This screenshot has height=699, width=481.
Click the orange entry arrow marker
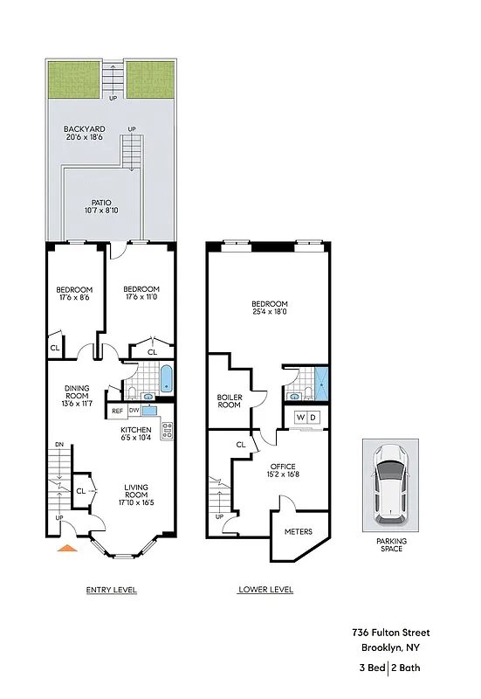[x=65, y=549]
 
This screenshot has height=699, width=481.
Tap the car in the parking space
[x=388, y=484]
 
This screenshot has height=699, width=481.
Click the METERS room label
[x=299, y=530]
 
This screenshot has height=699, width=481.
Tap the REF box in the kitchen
[x=116, y=409]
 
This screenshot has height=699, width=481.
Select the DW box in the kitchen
[x=134, y=409]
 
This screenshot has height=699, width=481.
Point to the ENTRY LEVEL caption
[x=111, y=590]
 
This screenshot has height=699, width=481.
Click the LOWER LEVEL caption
[x=265, y=590]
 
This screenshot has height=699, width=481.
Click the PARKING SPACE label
[x=391, y=544]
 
